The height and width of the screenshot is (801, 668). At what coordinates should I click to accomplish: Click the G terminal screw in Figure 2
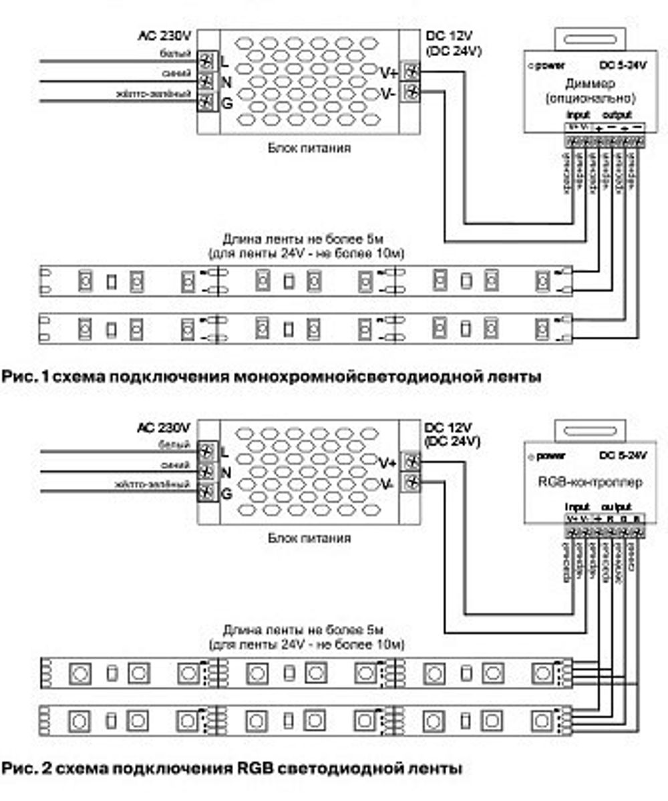(x=207, y=494)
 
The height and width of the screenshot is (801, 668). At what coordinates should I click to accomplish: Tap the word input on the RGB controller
(x=576, y=507)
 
